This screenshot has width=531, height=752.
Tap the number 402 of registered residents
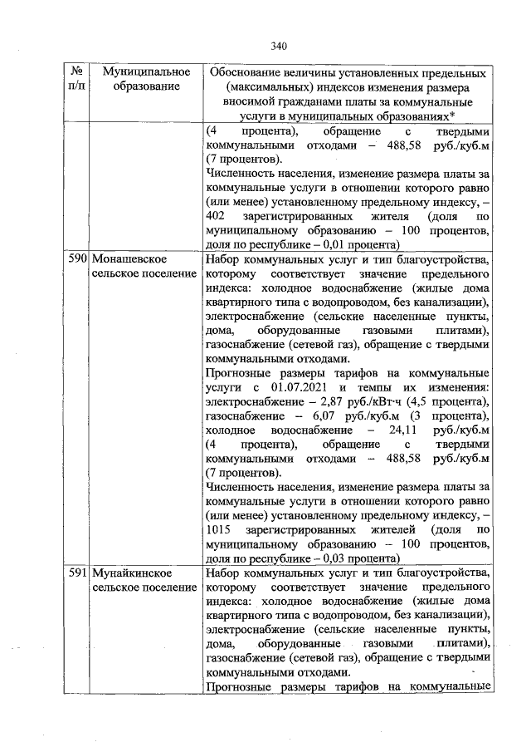tap(217, 214)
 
